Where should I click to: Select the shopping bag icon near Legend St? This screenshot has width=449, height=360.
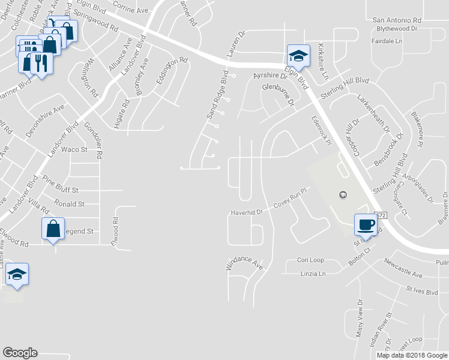click(53, 229)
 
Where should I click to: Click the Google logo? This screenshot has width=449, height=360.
click(20, 353)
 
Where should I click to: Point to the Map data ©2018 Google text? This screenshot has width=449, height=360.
click(411, 355)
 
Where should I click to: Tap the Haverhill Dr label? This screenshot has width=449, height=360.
click(247, 212)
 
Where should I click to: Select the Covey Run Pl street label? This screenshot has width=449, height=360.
click(291, 199)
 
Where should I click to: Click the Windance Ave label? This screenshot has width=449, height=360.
click(245, 265)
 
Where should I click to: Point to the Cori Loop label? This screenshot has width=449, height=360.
click(310, 260)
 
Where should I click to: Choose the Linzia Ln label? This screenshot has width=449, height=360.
click(312, 274)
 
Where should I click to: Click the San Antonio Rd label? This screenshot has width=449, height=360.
click(397, 20)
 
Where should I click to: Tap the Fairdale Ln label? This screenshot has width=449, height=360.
click(387, 41)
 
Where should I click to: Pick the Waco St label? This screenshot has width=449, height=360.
click(74, 149)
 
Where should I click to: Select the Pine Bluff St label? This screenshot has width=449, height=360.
click(61, 188)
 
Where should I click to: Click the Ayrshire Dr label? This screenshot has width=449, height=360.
click(271, 76)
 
